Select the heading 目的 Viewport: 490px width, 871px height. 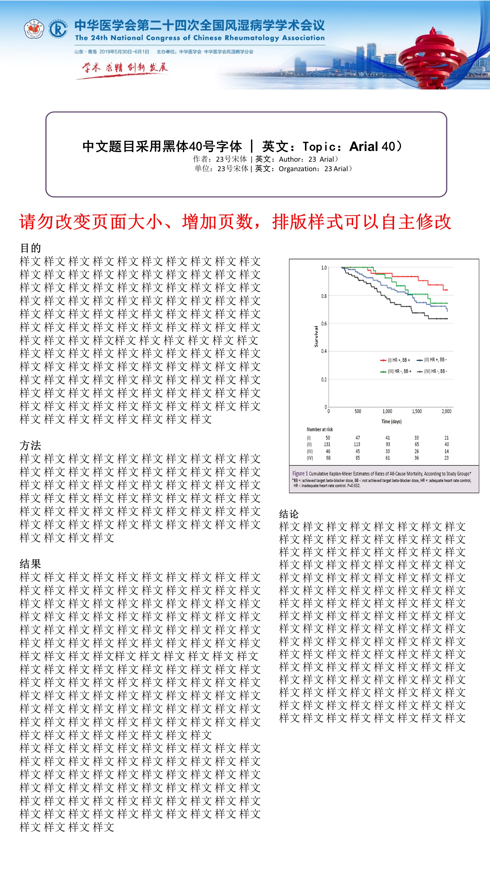(30, 248)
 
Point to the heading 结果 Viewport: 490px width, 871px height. (30, 564)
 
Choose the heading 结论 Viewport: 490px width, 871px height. (289, 514)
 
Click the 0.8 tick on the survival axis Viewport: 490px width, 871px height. (324, 296)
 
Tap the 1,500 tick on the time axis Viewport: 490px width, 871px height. (417, 411)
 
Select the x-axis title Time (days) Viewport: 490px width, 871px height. (391, 421)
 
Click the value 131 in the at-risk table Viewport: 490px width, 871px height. (327, 444)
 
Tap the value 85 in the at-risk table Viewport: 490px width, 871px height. (357, 458)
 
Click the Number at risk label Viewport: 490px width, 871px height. (320, 430)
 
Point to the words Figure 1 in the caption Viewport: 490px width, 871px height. (300, 473)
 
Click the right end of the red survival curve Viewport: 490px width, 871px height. (446, 290)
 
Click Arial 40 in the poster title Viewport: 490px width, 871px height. (372, 146)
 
